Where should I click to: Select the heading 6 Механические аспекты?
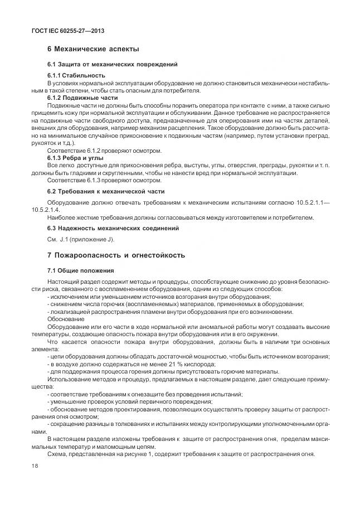pyautogui.click(x=93, y=50)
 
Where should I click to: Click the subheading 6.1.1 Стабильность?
pyautogui.click(x=76, y=75)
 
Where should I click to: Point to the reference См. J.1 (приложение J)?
pyautogui.click(x=81, y=239)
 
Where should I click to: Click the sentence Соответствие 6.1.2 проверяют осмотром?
pyautogui.click(x=105, y=151)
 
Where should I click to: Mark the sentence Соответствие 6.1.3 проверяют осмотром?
pyautogui.click(x=105, y=181)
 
